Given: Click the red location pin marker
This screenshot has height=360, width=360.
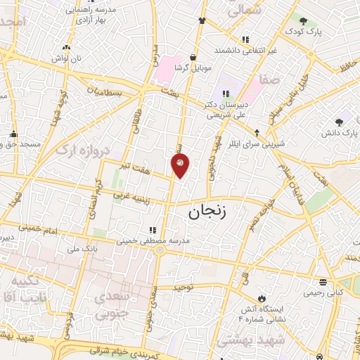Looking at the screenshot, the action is coord(180,165).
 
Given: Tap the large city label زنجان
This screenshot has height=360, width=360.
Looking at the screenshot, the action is coord(210,210).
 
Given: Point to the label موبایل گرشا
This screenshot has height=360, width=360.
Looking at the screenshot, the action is coord(191,69).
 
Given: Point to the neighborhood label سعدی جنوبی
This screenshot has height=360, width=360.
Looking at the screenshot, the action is coord(122,295).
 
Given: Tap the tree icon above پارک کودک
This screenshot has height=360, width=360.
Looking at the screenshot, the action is coord(303,21).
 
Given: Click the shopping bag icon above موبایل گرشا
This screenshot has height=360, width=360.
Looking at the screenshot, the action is coord(192,57).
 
